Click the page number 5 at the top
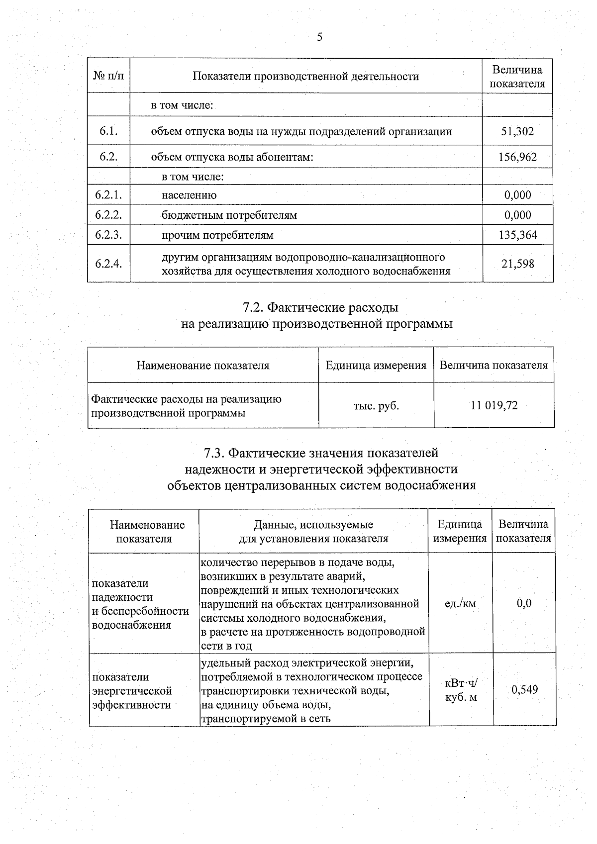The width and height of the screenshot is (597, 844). pos(319,37)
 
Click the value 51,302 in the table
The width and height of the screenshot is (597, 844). pos(517,132)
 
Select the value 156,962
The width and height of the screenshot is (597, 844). pos(517,158)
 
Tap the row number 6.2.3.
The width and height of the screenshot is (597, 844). pos(108,235)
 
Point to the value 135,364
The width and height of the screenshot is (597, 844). pos(517,235)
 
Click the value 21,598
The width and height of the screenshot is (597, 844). pos(517,264)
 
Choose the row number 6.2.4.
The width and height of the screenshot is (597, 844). pos(108,264)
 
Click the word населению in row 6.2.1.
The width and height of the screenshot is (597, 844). pos(189,195)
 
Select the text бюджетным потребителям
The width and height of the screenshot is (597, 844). pos(229,215)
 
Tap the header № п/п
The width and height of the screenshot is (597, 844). pos(108,76)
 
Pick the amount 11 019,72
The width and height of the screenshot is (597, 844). pos(494,406)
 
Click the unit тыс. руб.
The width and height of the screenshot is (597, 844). pos(376,406)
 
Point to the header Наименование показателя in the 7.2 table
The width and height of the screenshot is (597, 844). pos(203,366)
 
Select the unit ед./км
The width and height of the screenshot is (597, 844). pos(460,604)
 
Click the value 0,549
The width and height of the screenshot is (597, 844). pos(524,690)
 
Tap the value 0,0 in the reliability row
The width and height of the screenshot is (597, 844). pos(524,604)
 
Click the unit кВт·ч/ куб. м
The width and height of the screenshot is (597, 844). pos(460,690)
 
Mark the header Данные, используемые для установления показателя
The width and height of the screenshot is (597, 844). pos(313,532)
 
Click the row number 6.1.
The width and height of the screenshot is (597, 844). pos(108,132)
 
